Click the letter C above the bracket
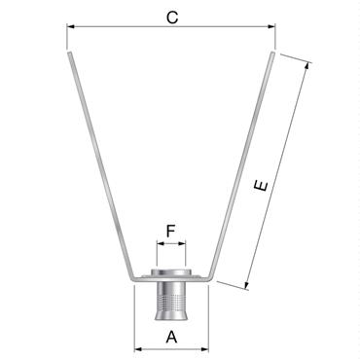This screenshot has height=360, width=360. click(171, 17)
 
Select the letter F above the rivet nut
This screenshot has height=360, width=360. click(171, 231)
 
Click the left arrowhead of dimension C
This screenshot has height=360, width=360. click(71, 29)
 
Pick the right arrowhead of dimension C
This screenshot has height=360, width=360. click(272, 29)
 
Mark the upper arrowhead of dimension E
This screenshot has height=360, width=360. click(309, 66)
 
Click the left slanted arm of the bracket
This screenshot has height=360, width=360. click(97, 165)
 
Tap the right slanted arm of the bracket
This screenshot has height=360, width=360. click(244, 165)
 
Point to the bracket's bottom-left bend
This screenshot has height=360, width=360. click(129, 275)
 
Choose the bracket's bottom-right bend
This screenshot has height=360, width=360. click(212, 275)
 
